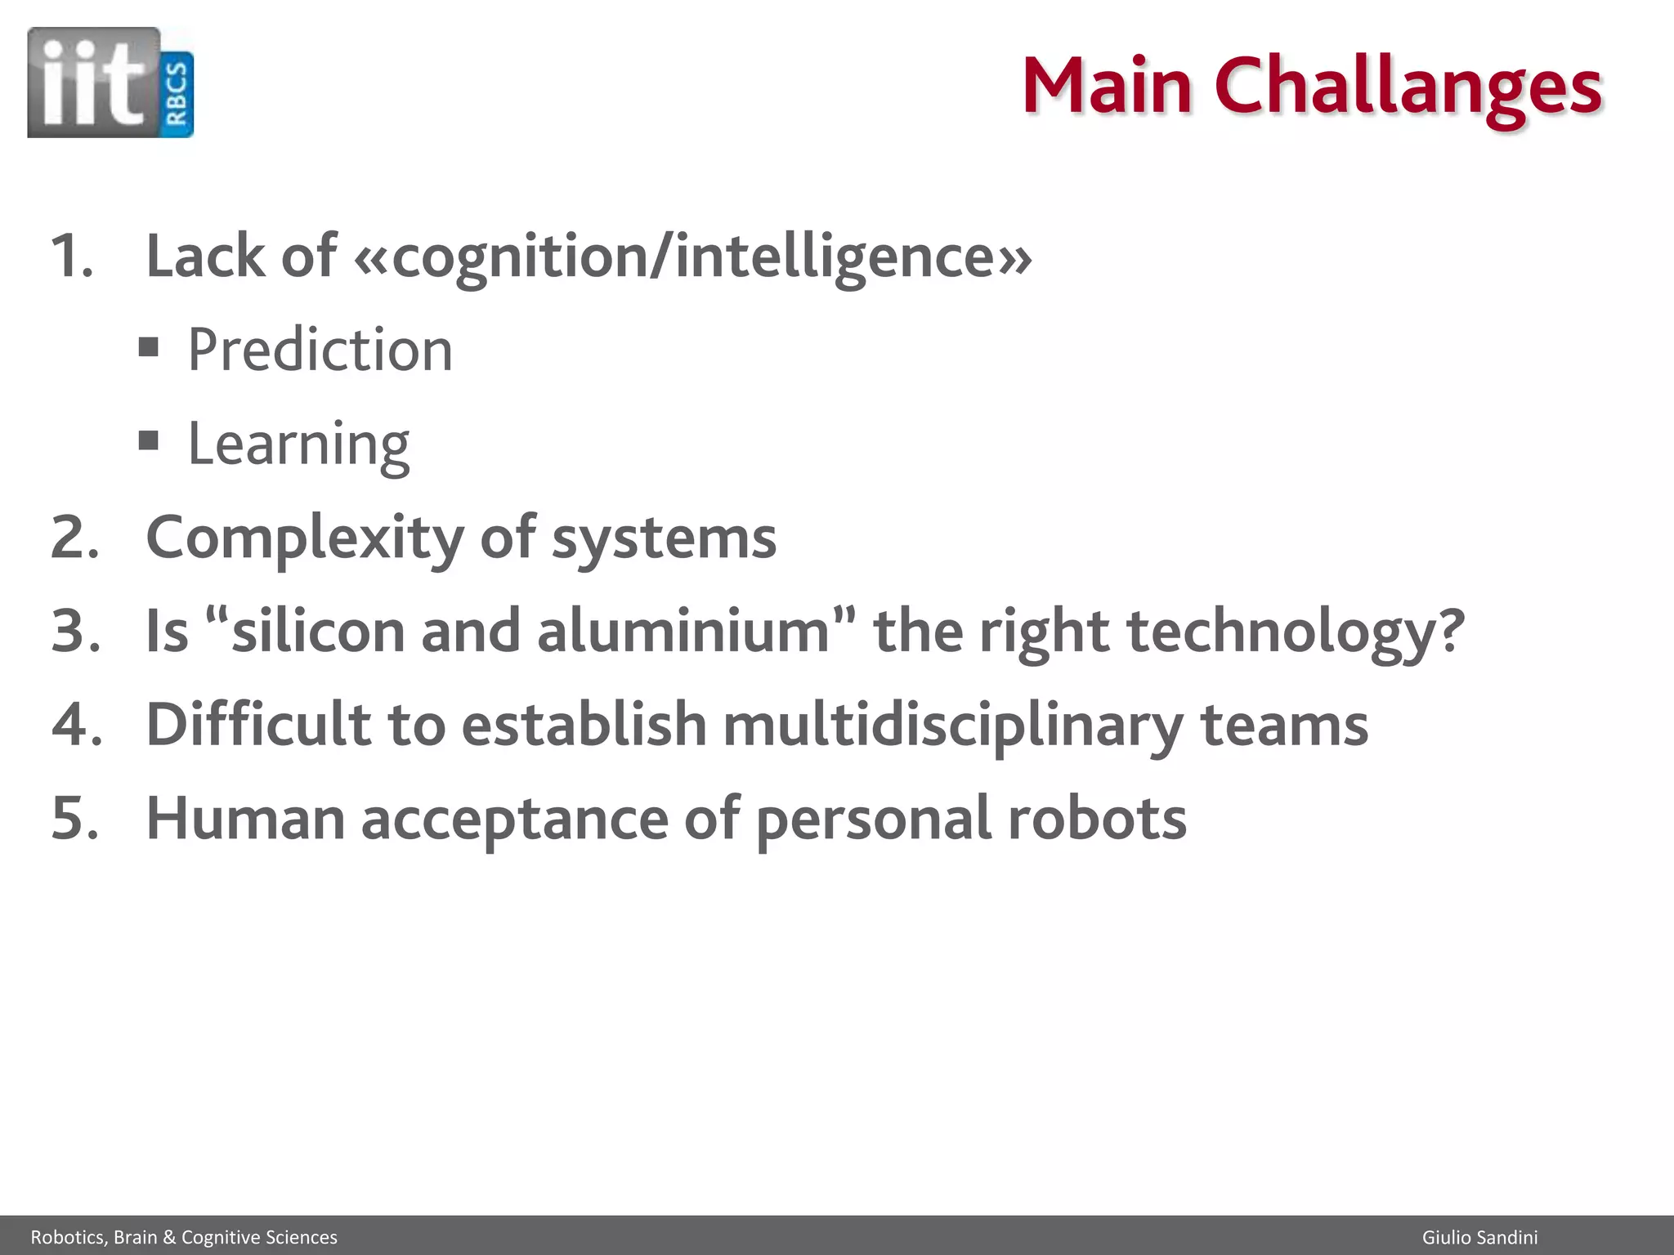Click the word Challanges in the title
tap(1408, 87)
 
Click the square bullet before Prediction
tap(148, 347)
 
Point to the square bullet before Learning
tap(148, 441)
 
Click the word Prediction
tap(320, 350)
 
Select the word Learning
tap(298, 444)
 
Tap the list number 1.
tap(71, 257)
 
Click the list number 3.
tap(75, 632)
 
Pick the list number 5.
tap(75, 819)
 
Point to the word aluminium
tap(683, 632)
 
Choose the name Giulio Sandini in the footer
tap(1479, 1238)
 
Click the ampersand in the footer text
tap(169, 1238)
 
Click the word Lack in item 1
tap(206, 257)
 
